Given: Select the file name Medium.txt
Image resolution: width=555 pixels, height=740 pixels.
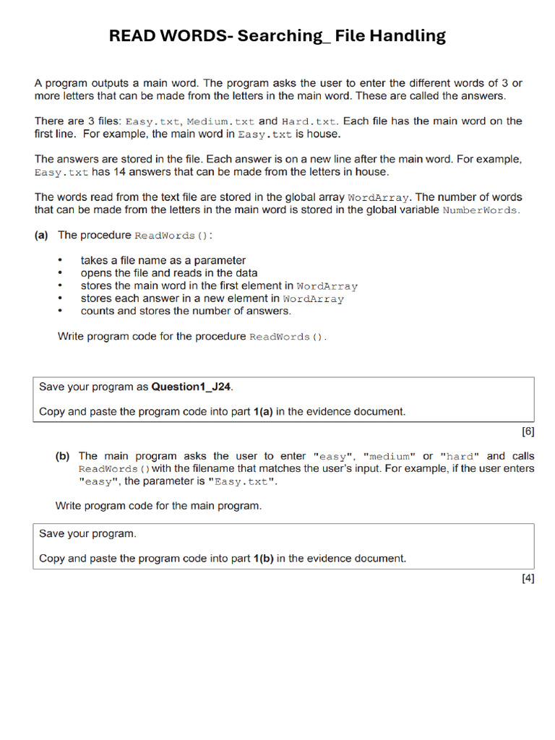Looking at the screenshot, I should [220, 121].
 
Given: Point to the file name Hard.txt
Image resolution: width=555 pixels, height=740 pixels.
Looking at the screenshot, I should [309, 121].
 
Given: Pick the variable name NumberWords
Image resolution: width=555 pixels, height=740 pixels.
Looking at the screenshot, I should [480, 210].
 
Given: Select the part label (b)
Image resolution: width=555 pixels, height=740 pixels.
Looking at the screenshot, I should [63, 456].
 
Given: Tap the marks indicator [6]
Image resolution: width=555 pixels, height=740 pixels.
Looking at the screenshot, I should [528, 431].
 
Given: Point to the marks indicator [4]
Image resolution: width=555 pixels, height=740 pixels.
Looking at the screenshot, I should [528, 578].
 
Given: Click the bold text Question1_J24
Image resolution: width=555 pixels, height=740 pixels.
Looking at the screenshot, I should [192, 387].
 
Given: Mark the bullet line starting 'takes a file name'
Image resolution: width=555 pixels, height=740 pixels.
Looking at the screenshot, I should [163, 260].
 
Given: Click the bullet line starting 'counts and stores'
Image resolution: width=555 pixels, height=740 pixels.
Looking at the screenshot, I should [186, 311].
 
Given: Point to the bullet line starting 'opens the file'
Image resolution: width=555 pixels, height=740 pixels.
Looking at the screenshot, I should [168, 273].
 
